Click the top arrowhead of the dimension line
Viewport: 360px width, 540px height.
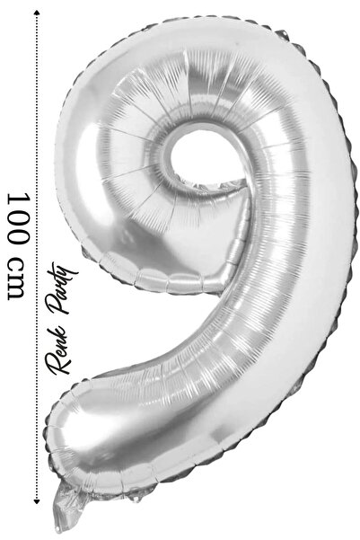pos(36,13)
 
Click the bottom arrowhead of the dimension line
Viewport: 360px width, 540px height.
pos(36,501)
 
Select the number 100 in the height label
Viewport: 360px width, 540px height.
pos(17,218)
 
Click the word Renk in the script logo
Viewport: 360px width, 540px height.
pos(59,349)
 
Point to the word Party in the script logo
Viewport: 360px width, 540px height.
pos(64,288)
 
